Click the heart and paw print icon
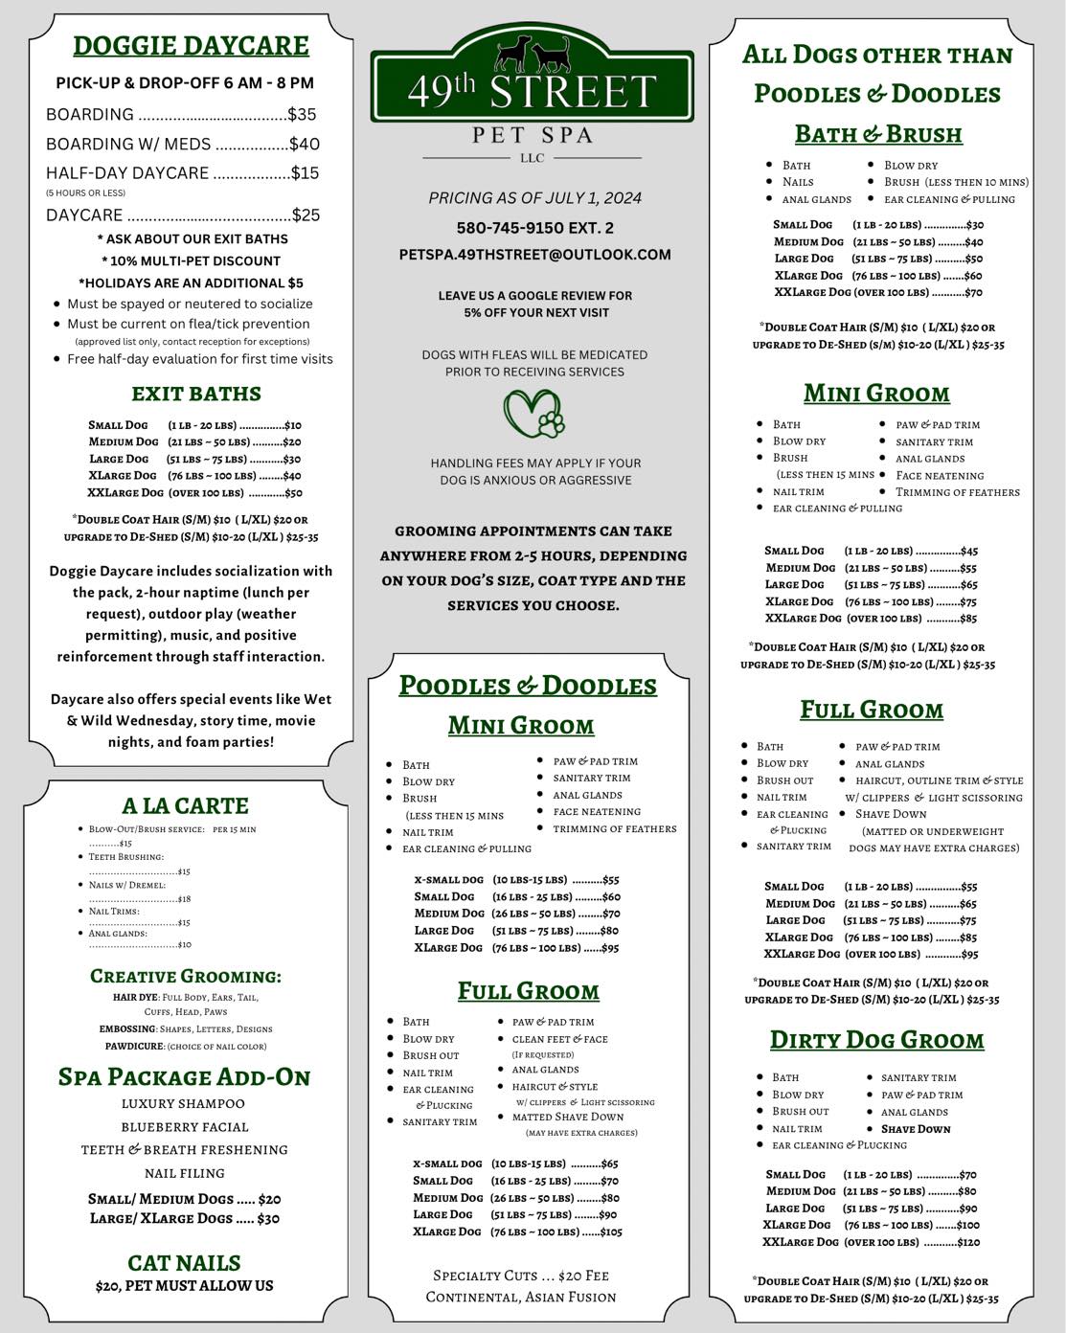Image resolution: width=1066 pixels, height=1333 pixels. pyautogui.click(x=534, y=413)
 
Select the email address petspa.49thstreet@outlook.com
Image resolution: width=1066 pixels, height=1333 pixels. pyautogui.click(x=534, y=255)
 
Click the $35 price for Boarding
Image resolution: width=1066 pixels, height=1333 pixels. pyautogui.click(x=302, y=115)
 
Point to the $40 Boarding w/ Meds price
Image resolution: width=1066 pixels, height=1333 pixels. pyautogui.click(x=305, y=145)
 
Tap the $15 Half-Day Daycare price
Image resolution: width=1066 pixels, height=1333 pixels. pyautogui.click(x=305, y=173)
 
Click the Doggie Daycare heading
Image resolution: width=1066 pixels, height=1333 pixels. pyautogui.click(x=191, y=46)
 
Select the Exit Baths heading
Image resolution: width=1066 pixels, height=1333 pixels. pyautogui.click(x=196, y=394)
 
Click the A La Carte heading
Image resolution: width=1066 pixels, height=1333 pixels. pyautogui.click(x=185, y=805)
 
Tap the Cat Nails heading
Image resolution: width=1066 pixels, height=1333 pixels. pyautogui.click(x=184, y=1262)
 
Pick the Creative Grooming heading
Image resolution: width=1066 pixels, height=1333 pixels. pyautogui.click(x=186, y=976)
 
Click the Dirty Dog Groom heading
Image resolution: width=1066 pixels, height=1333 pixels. pyautogui.click(x=876, y=1040)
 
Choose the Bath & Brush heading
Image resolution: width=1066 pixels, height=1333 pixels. pyautogui.click(x=878, y=134)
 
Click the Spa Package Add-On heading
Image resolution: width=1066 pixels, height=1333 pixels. pyautogui.click(x=185, y=1077)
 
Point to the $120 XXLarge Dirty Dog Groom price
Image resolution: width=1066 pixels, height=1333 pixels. pyautogui.click(x=968, y=1242)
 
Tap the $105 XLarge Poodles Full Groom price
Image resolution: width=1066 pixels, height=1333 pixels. pyautogui.click(x=610, y=1231)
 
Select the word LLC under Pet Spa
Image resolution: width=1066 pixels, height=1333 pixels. pyautogui.click(x=532, y=158)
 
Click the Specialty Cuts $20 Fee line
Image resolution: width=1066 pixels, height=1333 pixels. pyautogui.click(x=521, y=1276)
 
